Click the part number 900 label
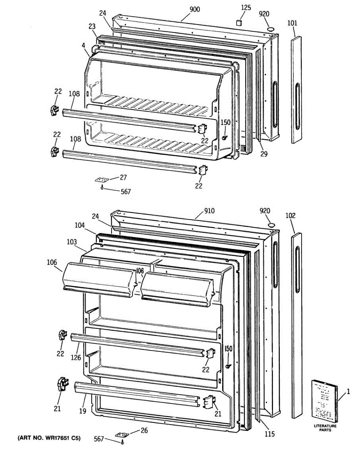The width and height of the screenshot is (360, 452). pos(194,9)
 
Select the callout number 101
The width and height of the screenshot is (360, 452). pos(292,23)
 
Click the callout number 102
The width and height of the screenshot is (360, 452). pos(290,216)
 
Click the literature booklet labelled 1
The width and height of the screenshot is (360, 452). pos(324,401)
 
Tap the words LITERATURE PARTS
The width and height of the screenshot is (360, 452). pos(325,428)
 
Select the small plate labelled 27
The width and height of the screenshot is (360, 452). pos(101,180)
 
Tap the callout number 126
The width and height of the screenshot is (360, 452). pos(76,357)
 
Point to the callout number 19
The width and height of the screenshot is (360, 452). pos(82,411)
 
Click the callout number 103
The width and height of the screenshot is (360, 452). pos(72,242)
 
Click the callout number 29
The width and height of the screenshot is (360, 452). pos(264,154)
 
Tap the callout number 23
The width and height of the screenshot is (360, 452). pos(92,26)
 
